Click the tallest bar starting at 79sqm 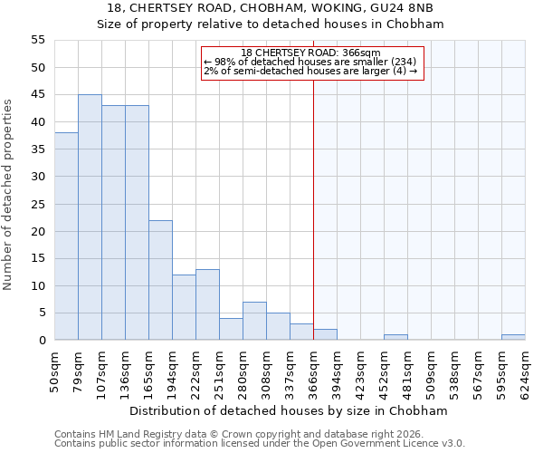click(x=90, y=217)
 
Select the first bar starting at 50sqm click(x=66, y=236)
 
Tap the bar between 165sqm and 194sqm click(x=160, y=280)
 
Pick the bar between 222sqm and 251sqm click(x=207, y=304)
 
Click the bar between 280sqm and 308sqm click(x=254, y=321)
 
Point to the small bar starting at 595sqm click(x=513, y=337)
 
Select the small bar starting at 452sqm click(x=395, y=337)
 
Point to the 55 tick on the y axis click(x=38, y=40)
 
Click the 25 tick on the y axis click(x=38, y=204)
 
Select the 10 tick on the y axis click(x=38, y=286)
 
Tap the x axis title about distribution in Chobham click(x=290, y=410)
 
